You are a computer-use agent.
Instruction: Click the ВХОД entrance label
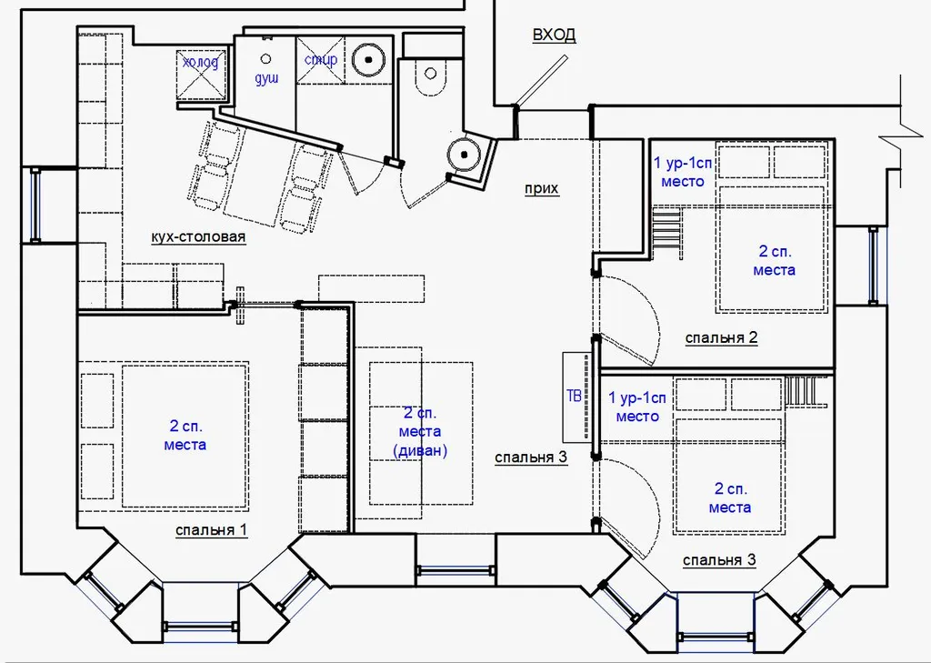[x=554, y=35]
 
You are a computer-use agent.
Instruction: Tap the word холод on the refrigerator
[x=201, y=62]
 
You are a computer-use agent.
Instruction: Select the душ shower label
[x=266, y=78]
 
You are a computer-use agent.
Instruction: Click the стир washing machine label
[x=321, y=60]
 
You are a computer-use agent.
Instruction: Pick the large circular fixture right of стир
[x=368, y=59]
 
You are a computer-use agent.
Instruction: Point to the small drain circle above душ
[x=266, y=59]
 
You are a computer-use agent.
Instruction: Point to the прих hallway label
[x=542, y=189]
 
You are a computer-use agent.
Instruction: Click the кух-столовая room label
[x=198, y=237]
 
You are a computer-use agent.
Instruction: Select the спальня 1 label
[x=211, y=530]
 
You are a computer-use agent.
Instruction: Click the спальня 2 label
[x=721, y=338]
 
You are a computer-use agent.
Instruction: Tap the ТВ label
[x=575, y=396]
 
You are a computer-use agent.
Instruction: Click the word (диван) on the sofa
[x=420, y=450]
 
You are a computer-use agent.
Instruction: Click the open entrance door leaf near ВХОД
[x=541, y=81]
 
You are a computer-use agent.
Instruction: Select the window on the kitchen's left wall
[x=35, y=205]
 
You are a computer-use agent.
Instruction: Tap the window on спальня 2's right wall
[x=874, y=265]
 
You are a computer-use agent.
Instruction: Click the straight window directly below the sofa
[x=455, y=569]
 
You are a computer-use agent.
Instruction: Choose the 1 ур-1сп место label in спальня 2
[x=682, y=172]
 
